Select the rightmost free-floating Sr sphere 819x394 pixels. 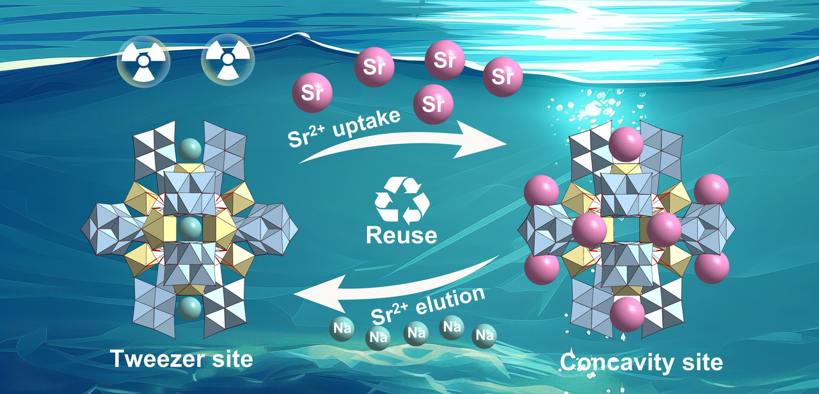point(503,78)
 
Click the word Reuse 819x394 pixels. point(401,234)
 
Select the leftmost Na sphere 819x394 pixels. point(340,329)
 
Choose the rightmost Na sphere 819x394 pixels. point(484,334)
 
